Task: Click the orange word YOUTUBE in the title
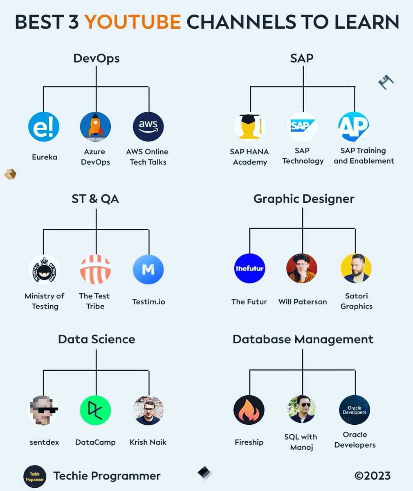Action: tap(133, 21)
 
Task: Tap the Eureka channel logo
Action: tap(44, 127)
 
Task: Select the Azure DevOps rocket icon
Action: tap(96, 127)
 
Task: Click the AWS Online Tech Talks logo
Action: tap(148, 127)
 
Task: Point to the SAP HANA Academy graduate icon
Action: tap(249, 127)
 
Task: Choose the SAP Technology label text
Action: tap(303, 156)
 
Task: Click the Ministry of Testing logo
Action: tap(44, 270)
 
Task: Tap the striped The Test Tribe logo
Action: tap(96, 270)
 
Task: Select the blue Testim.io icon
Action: tap(148, 270)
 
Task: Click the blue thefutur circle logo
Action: tap(249, 269)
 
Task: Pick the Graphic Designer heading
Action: tap(303, 199)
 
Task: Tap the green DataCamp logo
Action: tap(96, 410)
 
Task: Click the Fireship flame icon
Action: tap(249, 410)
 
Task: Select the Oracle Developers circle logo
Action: tap(355, 410)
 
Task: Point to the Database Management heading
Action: tap(303, 339)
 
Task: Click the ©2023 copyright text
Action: tap(372, 476)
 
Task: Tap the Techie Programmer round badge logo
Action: tap(35, 476)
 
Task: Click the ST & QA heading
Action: tap(95, 199)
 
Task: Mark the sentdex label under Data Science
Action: tap(44, 442)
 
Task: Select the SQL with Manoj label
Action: tap(301, 442)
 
